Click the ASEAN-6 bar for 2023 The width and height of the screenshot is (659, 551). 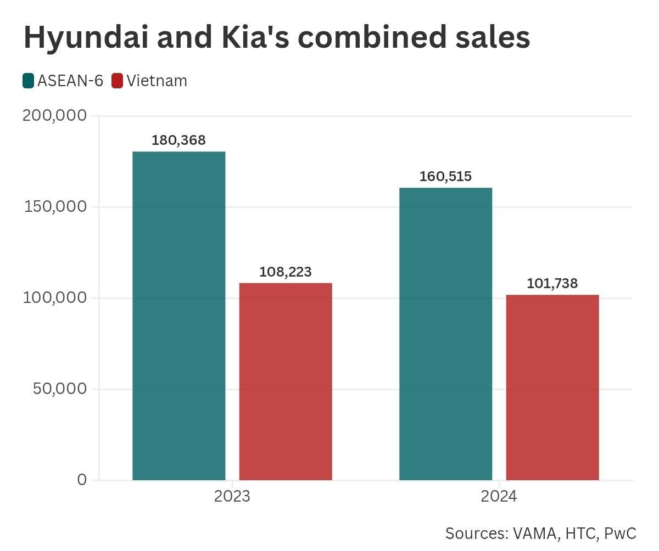tap(179, 316)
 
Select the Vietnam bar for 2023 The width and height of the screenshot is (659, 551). tap(286, 381)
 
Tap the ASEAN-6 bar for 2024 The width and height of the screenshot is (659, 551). tap(445, 334)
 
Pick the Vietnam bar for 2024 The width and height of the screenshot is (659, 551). tap(552, 387)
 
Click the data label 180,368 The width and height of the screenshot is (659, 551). tap(178, 140)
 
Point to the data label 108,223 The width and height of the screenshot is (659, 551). tap(286, 272)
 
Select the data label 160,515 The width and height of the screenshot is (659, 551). tap(445, 177)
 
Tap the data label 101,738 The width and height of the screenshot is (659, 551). tap(552, 284)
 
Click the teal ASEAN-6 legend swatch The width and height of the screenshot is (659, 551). tap(29, 81)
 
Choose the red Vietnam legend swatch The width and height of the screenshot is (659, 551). tap(117, 81)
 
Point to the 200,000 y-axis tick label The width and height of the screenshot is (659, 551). tap(54, 115)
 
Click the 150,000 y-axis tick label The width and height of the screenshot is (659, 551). tap(55, 206)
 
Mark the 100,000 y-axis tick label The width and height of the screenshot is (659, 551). tap(55, 297)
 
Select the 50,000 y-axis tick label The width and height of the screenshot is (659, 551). tap(60, 389)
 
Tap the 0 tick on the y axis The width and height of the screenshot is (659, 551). tap(82, 480)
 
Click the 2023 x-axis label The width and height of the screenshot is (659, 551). tap(232, 497)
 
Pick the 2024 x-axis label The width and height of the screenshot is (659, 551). tap(499, 497)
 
